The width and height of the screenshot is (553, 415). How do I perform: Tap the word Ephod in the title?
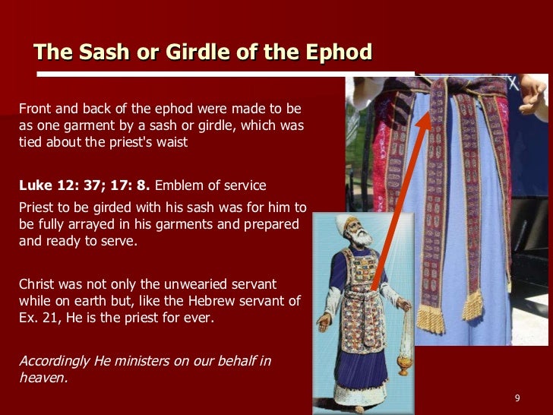point(337,52)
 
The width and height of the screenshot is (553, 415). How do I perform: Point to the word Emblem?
point(180,186)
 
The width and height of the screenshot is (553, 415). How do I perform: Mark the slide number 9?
point(517,399)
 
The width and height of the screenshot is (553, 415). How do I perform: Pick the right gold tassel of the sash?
point(473,305)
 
